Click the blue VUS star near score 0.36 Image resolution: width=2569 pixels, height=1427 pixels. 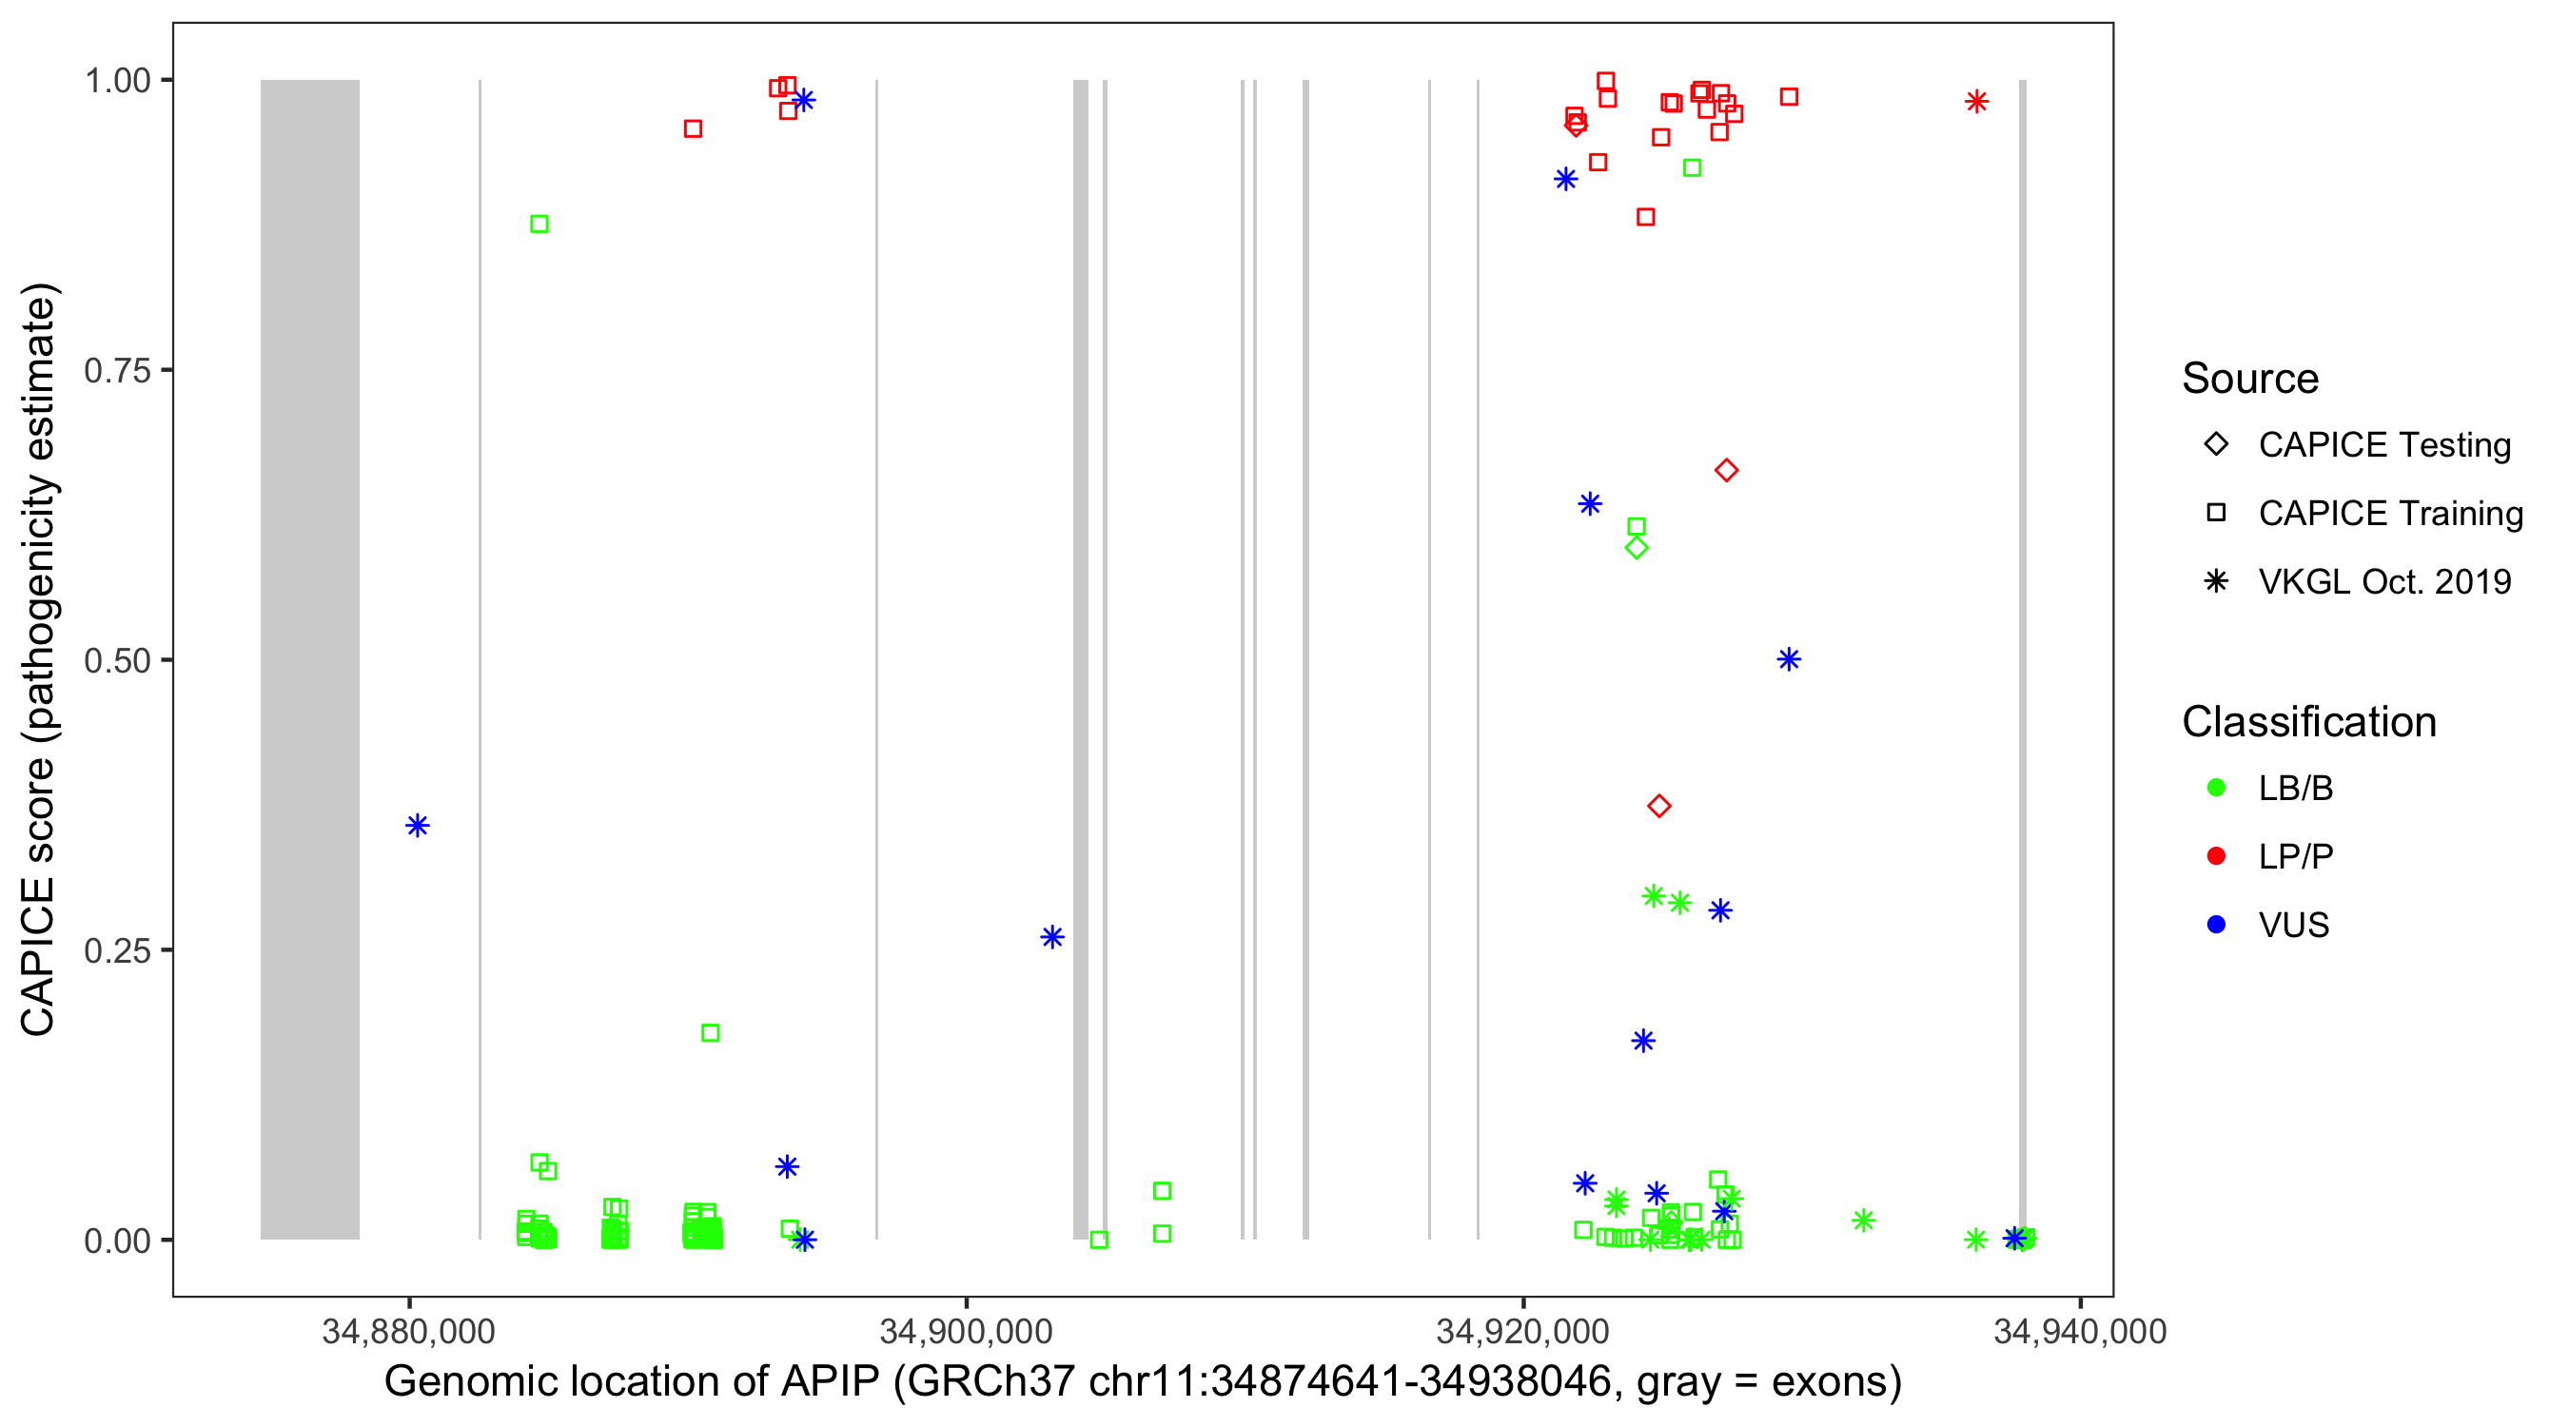tap(418, 826)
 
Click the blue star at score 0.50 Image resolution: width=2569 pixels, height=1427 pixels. tap(1788, 659)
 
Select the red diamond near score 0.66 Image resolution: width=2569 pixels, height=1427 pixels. tap(1726, 471)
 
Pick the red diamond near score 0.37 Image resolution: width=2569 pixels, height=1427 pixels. tap(1658, 806)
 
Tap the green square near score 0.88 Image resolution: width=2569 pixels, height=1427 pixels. tap(539, 224)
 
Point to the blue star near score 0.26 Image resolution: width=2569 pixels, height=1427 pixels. tap(1052, 936)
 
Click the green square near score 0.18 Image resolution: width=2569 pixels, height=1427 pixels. tap(710, 1033)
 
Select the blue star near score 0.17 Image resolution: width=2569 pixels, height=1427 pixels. tap(1643, 1041)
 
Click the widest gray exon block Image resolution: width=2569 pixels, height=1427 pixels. tap(310, 658)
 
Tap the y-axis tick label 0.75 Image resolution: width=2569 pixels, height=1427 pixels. tap(117, 371)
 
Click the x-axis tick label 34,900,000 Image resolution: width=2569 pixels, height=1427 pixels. tap(966, 1332)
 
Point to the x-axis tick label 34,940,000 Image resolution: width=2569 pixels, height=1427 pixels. tap(2079, 1332)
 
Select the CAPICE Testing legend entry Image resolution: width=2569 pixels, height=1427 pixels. tap(2383, 445)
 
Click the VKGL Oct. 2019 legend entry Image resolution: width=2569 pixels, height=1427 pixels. tap(2383, 582)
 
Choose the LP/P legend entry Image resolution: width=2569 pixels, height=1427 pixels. tap(2295, 856)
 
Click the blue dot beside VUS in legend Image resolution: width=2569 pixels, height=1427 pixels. tap(2216, 926)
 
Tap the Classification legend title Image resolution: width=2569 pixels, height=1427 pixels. tap(2308, 722)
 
